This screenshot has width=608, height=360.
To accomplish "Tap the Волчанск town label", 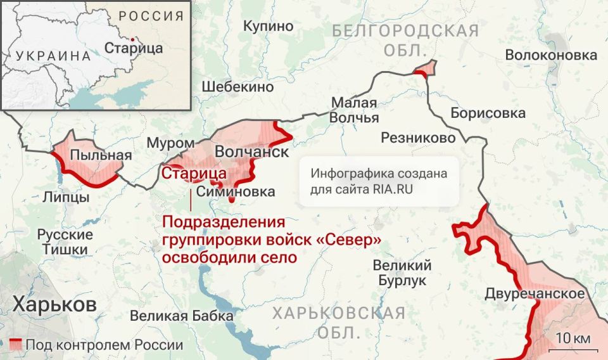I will pyautogui.click(x=252, y=153).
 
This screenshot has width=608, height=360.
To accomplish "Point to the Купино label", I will pyautogui.click(x=269, y=26).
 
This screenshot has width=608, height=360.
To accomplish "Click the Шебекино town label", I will pyautogui.click(x=237, y=87).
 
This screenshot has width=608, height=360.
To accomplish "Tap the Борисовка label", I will pyautogui.click(x=488, y=113).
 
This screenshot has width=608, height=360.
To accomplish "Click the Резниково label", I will pyautogui.click(x=418, y=138).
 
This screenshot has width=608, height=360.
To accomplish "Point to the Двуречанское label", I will pyautogui.click(x=535, y=293).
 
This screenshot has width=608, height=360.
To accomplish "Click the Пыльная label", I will pyautogui.click(x=92, y=155).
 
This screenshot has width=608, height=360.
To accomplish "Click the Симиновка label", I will pyautogui.click(x=236, y=191).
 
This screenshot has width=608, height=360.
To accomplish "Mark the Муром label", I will pyautogui.click(x=170, y=143).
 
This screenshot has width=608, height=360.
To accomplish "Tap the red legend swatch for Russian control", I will pyautogui.click(x=15, y=345).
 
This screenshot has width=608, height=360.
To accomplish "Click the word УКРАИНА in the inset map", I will pyautogui.click(x=54, y=55).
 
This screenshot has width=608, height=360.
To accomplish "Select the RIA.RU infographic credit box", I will pyautogui.click(x=379, y=181).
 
